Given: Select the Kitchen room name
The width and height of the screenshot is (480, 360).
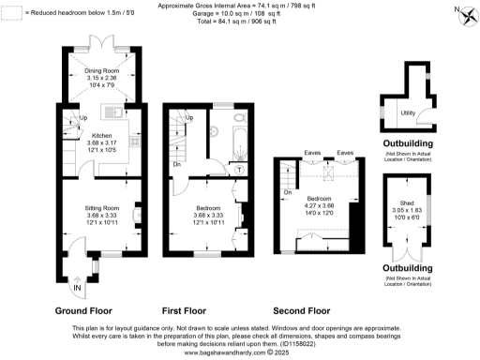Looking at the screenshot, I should [x=75, y=135].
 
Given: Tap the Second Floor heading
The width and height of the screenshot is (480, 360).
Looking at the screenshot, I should [x=301, y=310].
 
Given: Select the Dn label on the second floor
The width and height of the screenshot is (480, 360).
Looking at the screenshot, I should [x=287, y=192].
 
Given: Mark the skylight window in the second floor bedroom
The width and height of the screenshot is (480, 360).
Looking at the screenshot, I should [x=327, y=174].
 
